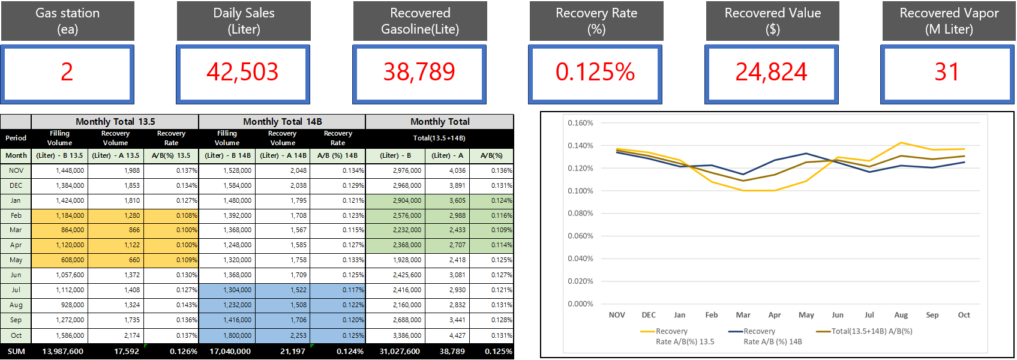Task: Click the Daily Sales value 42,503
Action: (243, 73)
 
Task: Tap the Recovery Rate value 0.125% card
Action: (595, 73)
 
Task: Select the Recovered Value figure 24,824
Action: (772, 73)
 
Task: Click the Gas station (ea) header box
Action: (68, 21)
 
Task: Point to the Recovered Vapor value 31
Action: (947, 73)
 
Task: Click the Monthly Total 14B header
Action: (282, 122)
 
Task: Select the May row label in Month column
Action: (16, 260)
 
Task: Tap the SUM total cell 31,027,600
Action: (400, 352)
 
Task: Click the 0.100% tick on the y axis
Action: (580, 191)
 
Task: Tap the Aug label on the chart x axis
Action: (901, 315)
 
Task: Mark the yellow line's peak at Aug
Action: (901, 143)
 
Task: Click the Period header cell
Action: (16, 138)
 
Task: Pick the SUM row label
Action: (16, 352)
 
